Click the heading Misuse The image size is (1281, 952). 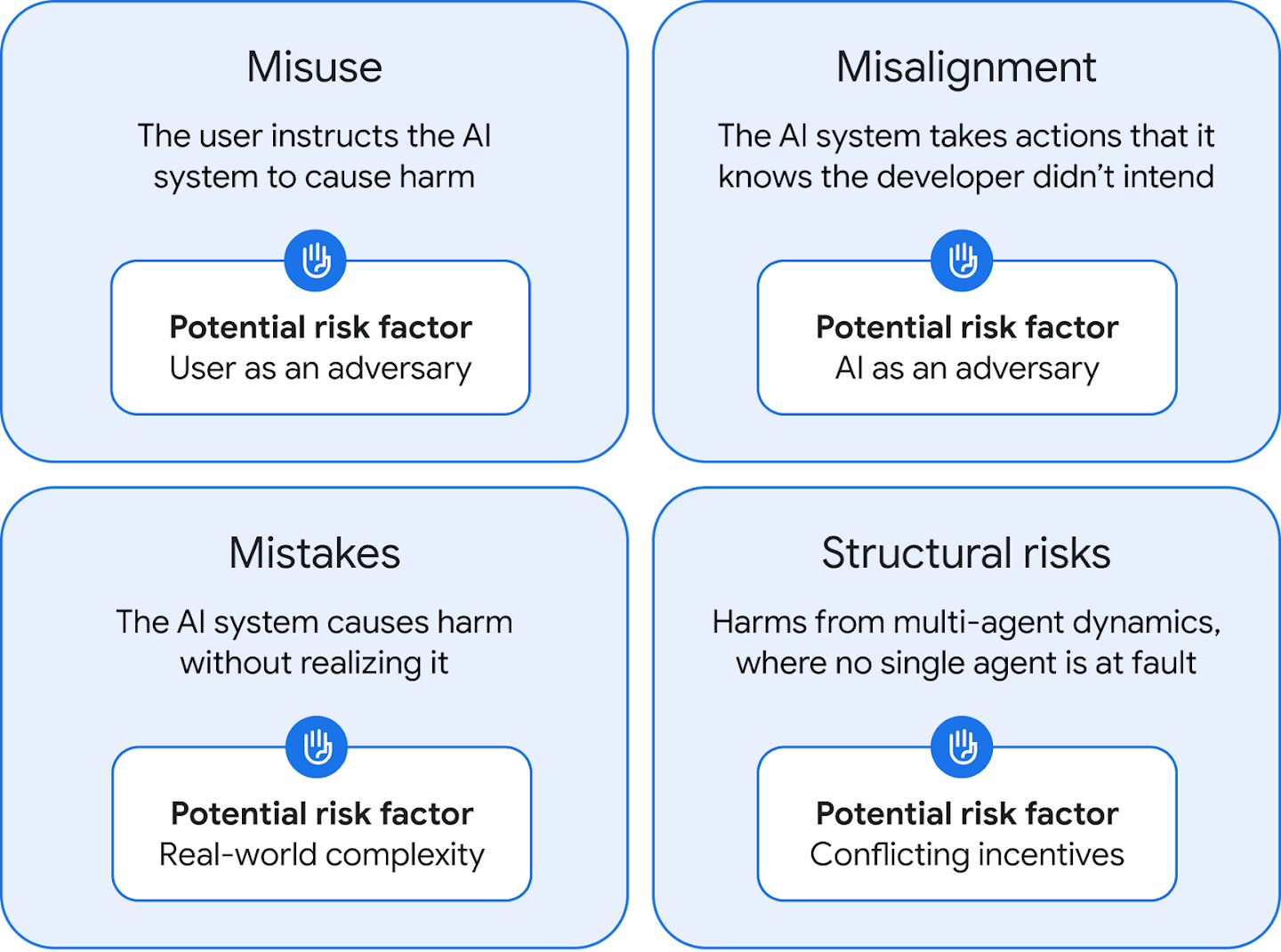(314, 68)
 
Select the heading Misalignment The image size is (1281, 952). (966, 68)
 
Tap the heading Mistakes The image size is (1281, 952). (314, 553)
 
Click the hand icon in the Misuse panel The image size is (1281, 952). (316, 261)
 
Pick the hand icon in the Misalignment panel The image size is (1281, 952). (962, 261)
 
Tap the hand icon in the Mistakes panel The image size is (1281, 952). (317, 746)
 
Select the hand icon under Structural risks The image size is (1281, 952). (962, 746)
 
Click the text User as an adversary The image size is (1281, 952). (320, 368)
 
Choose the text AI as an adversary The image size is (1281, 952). (967, 368)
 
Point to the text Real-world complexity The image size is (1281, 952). (321, 855)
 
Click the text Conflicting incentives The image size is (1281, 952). (967, 855)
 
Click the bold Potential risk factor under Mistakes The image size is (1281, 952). (321, 813)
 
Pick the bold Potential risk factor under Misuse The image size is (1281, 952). (320, 327)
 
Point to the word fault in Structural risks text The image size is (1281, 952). (1164, 663)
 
